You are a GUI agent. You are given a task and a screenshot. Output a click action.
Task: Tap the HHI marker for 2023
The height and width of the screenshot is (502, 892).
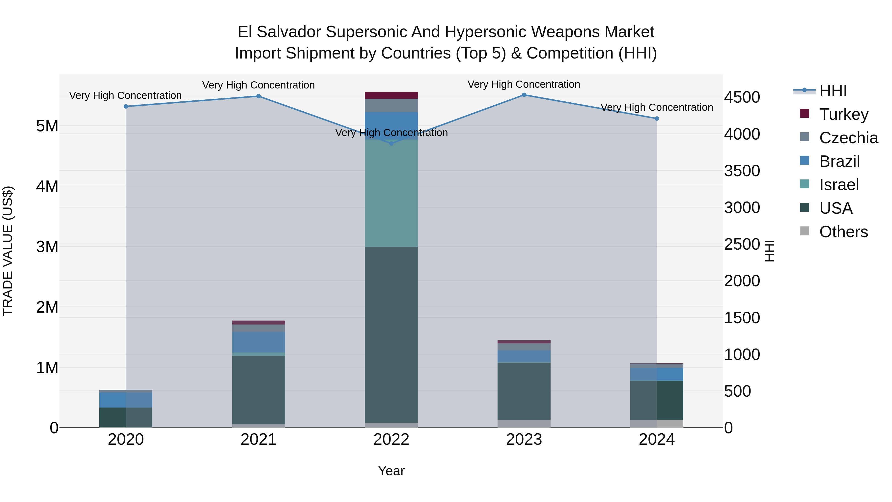(x=524, y=95)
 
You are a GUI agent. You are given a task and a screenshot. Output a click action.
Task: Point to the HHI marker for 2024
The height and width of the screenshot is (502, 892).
(x=657, y=118)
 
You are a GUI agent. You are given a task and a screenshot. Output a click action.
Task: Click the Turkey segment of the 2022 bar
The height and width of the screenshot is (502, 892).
(x=391, y=95)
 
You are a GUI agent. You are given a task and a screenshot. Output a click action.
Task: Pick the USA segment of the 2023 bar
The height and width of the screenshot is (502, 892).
(x=524, y=391)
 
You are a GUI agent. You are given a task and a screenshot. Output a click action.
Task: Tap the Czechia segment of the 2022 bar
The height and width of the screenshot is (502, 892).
(x=391, y=105)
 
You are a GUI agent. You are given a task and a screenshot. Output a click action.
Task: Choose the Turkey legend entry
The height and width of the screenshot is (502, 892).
(x=844, y=114)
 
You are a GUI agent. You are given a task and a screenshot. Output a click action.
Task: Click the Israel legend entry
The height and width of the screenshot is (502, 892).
(x=839, y=185)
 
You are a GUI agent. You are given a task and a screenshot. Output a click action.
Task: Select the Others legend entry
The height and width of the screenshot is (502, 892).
(x=843, y=232)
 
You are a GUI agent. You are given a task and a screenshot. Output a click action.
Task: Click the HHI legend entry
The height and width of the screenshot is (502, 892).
(x=833, y=91)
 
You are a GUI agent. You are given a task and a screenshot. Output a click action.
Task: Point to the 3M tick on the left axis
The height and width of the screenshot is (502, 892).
(x=47, y=247)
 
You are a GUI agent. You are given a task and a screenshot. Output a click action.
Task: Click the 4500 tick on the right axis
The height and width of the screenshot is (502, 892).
(x=742, y=97)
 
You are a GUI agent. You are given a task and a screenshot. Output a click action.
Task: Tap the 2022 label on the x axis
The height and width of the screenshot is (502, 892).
(x=391, y=440)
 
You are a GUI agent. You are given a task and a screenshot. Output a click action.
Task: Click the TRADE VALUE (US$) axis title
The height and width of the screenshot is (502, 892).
(x=8, y=251)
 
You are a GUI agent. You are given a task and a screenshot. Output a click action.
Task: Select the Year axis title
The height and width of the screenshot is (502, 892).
(x=391, y=471)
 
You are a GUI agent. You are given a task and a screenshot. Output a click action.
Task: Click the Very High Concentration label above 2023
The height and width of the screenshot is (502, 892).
(x=524, y=84)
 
